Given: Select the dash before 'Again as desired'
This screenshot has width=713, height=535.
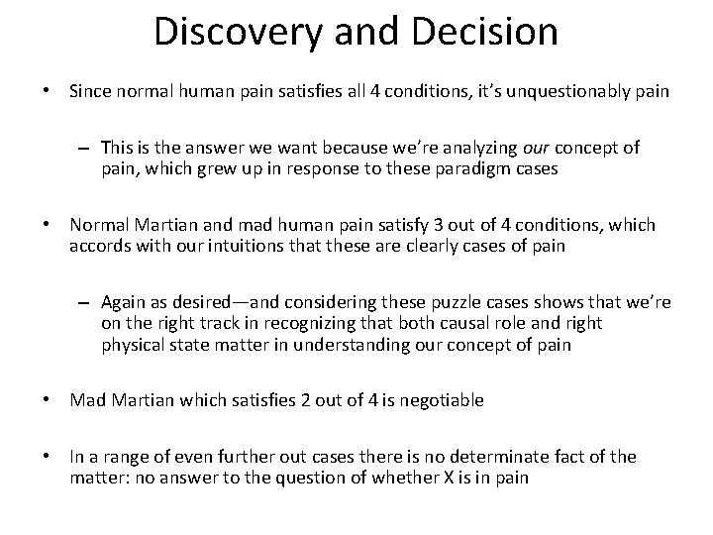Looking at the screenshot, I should (x=87, y=300).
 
